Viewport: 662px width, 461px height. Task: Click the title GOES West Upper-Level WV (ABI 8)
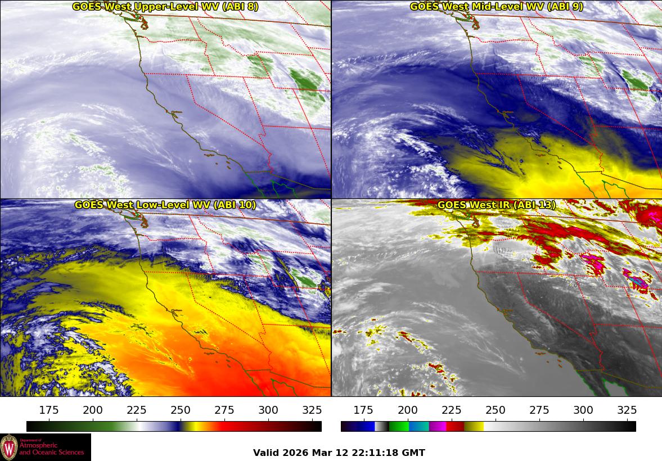(165, 7)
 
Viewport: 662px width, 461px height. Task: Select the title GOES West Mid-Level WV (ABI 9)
(496, 7)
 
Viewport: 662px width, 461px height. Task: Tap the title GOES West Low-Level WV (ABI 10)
(165, 205)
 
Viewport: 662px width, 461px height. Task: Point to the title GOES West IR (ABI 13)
(496, 205)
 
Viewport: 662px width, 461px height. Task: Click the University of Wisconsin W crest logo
(9, 448)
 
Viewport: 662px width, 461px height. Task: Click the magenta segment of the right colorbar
(437, 426)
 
